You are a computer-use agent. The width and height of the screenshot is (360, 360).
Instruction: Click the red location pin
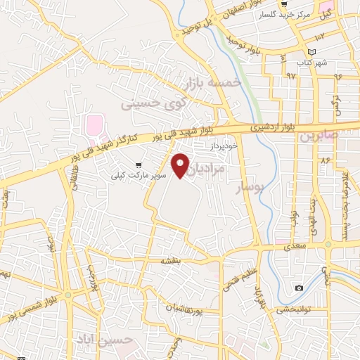(x=181, y=165)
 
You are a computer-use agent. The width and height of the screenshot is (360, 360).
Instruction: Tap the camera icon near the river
(x=300, y=288)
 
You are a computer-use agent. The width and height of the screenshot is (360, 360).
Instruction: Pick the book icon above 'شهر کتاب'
(x=312, y=52)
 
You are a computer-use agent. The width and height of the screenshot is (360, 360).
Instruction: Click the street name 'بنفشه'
(x=171, y=261)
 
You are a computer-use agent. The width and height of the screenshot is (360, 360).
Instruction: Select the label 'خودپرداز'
(x=225, y=145)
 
